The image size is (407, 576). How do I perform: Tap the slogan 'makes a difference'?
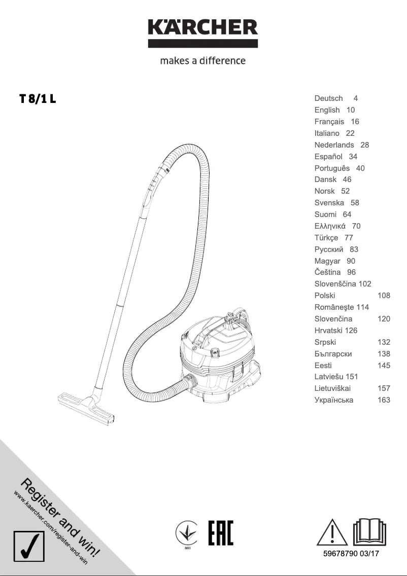click(203, 61)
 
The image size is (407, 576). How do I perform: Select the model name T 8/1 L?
click(38, 99)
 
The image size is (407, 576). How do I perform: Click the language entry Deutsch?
click(328, 98)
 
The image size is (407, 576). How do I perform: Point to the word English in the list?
click(327, 110)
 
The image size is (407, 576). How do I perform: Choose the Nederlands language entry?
click(334, 145)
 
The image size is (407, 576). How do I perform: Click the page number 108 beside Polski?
click(384, 296)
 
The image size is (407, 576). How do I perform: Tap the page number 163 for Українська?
click(384, 400)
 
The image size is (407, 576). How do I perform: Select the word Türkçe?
click(326, 238)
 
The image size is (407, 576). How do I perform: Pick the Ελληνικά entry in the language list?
click(330, 226)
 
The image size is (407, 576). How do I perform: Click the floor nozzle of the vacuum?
click(86, 406)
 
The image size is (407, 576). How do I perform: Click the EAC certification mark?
click(221, 532)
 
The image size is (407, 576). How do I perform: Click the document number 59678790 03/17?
click(351, 554)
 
